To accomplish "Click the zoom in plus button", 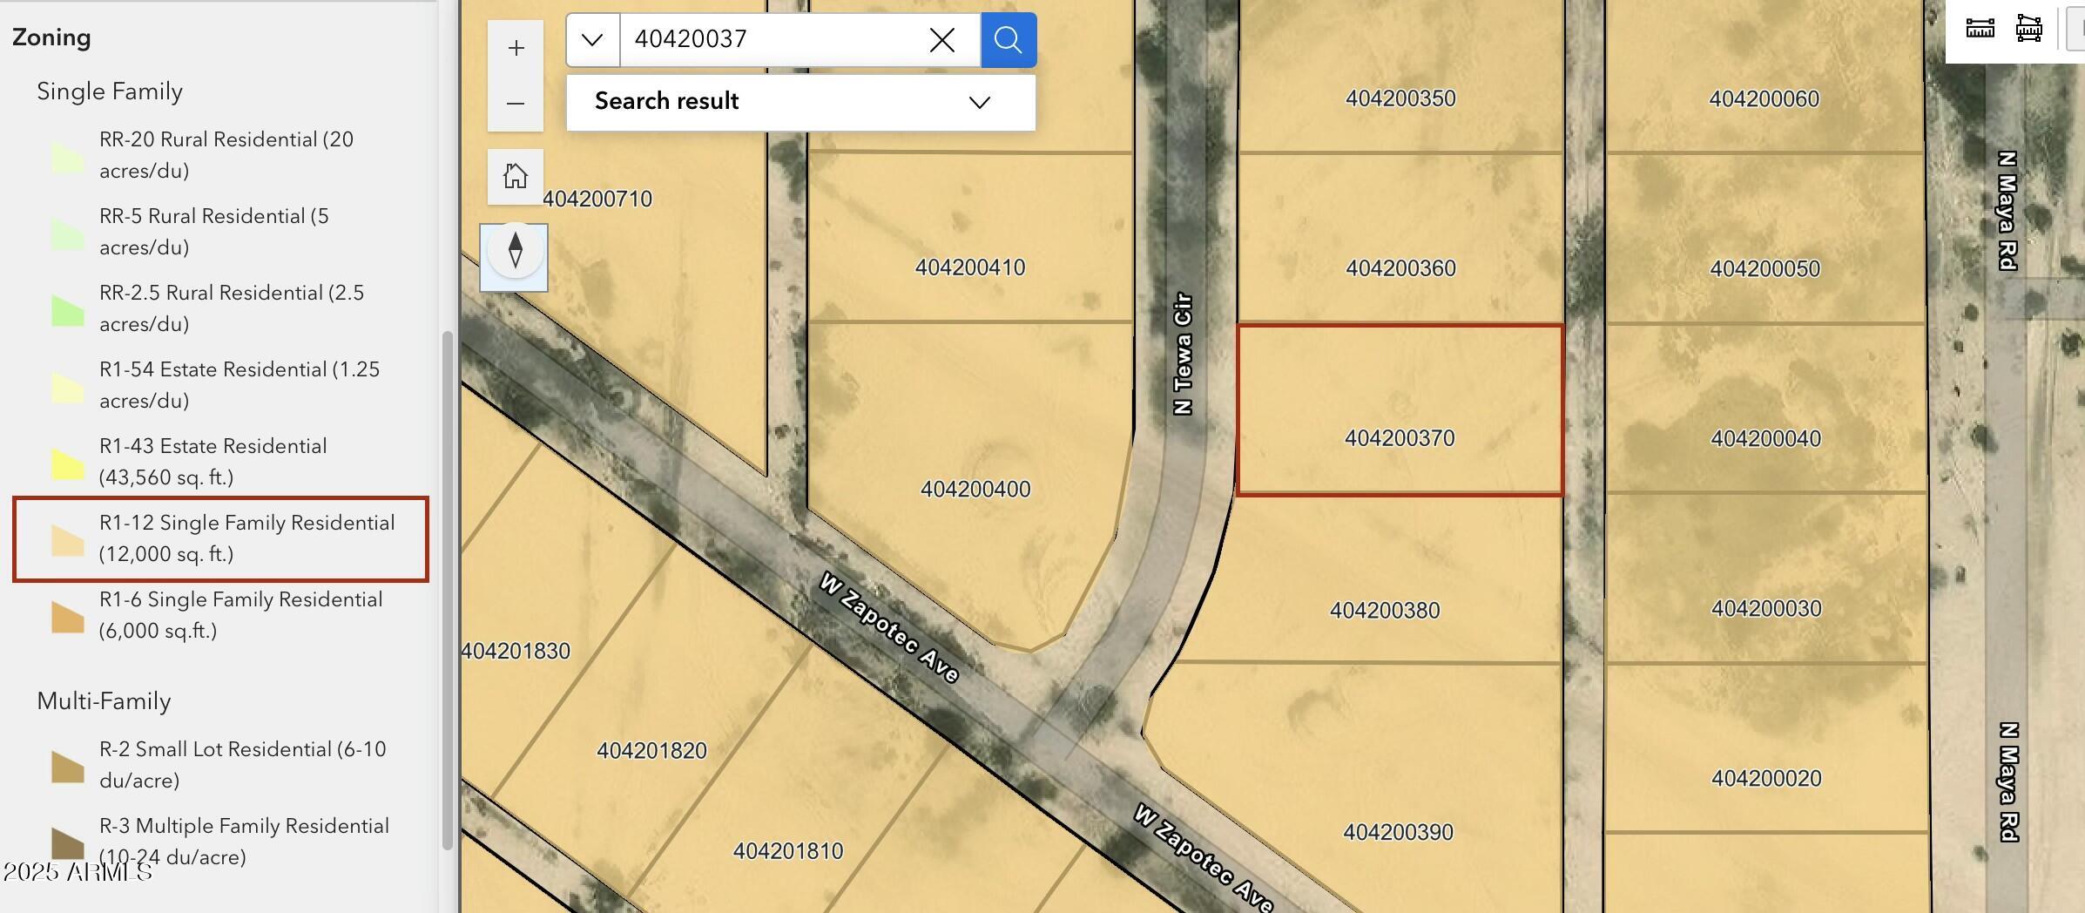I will [516, 48].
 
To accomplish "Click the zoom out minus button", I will [516, 104].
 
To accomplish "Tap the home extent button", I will [516, 176].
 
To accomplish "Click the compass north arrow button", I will [515, 252].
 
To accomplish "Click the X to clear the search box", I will [941, 40].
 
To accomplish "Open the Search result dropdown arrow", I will [980, 102].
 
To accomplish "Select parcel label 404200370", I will [1400, 438].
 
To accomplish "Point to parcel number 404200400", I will [975, 490].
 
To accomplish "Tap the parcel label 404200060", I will [1764, 99].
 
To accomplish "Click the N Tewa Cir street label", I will [1182, 353].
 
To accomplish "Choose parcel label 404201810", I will [788, 851].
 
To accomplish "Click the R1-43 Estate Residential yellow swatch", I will [67, 463].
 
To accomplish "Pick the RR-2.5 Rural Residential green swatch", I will [67, 310].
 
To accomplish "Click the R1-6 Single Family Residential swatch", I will [67, 617].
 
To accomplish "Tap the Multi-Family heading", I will [104, 701].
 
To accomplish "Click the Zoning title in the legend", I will [51, 37].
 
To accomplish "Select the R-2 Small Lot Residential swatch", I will [67, 767].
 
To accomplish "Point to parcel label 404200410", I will [969, 267].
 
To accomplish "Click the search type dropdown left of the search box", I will [593, 40].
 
